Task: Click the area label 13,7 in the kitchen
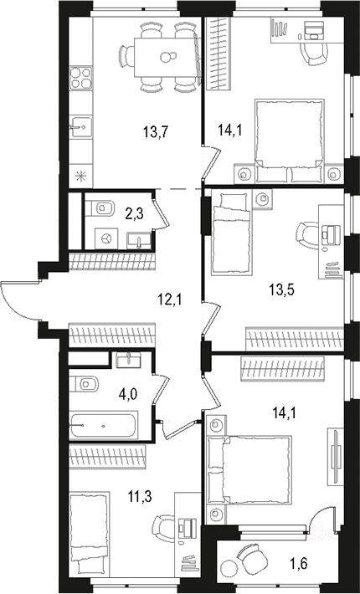click(156, 132)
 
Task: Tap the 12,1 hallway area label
click(170, 301)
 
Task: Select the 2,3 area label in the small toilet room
click(135, 215)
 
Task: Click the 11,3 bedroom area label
click(140, 496)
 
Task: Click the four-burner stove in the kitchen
click(81, 78)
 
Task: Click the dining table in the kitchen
click(165, 57)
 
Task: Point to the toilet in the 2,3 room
click(100, 208)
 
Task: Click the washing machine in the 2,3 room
click(106, 238)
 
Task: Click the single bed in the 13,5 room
click(231, 233)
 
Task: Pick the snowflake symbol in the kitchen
click(80, 176)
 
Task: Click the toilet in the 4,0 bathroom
click(84, 384)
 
